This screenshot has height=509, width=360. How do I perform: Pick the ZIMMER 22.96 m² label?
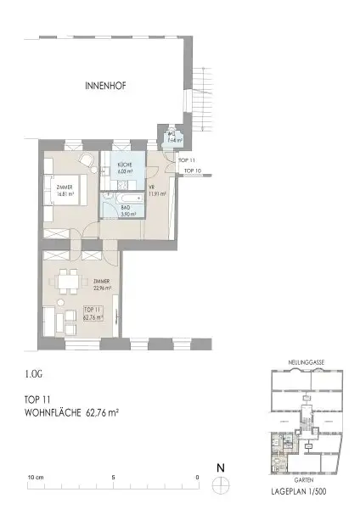[100, 285]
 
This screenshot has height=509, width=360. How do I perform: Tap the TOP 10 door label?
[194, 171]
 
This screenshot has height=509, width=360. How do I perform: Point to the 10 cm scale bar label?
[35, 477]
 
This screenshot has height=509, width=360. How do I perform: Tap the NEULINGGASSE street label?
[303, 361]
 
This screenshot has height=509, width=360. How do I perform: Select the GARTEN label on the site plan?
[303, 478]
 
